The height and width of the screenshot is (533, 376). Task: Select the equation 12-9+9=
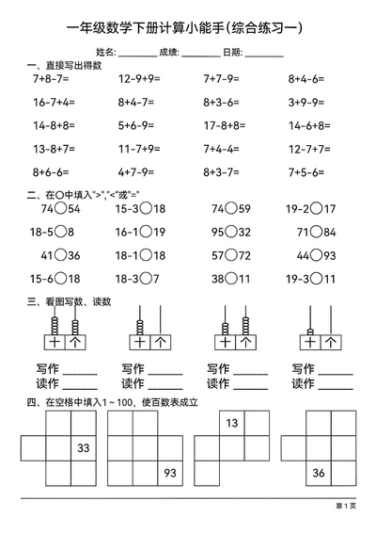pyautogui.click(x=137, y=81)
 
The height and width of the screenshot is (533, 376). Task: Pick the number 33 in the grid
pyautogui.click(x=83, y=448)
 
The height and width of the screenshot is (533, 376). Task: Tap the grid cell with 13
pyautogui.click(x=231, y=424)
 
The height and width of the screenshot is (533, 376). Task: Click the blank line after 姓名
pyautogui.click(x=137, y=53)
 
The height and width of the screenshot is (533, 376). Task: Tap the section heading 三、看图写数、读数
pyautogui.click(x=70, y=302)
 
